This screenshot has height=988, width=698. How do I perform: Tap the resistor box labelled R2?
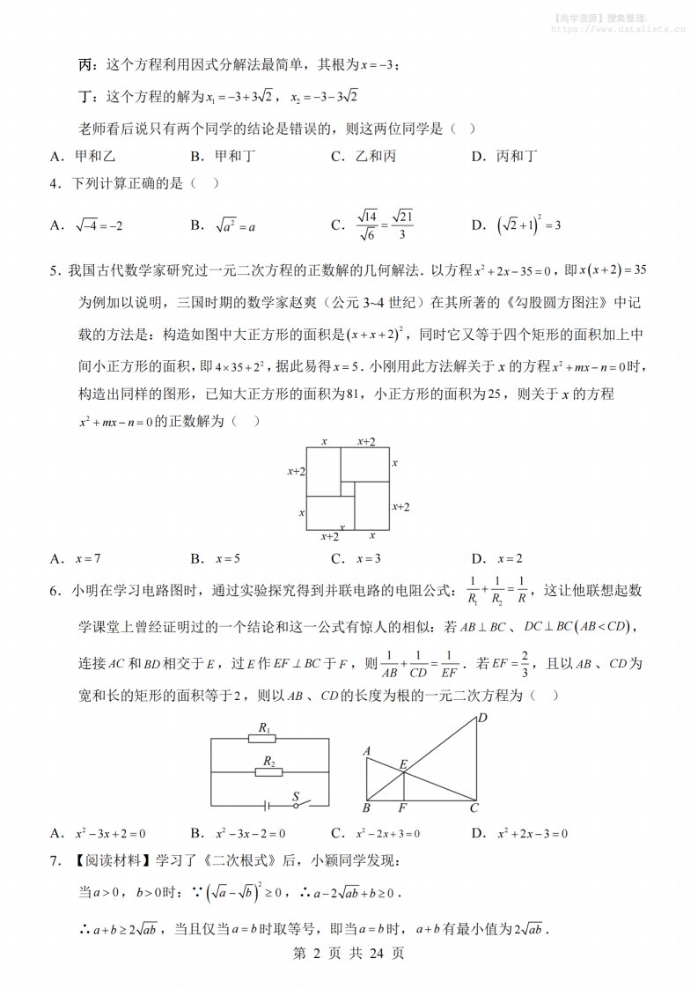click(268, 772)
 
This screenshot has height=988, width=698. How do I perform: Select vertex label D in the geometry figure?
click(481, 719)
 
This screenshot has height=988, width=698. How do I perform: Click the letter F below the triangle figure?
click(402, 807)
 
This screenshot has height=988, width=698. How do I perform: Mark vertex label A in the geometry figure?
click(366, 751)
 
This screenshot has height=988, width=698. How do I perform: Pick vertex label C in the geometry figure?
click(474, 807)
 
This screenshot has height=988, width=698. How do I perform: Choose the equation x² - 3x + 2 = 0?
click(109, 833)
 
